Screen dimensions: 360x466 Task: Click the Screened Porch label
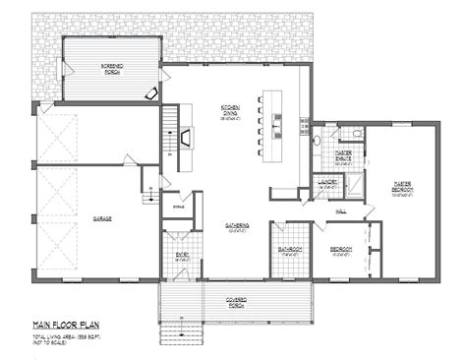110,67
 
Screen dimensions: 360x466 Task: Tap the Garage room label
101,218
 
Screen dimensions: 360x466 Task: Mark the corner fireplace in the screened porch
149,91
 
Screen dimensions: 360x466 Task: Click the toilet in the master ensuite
318,144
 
